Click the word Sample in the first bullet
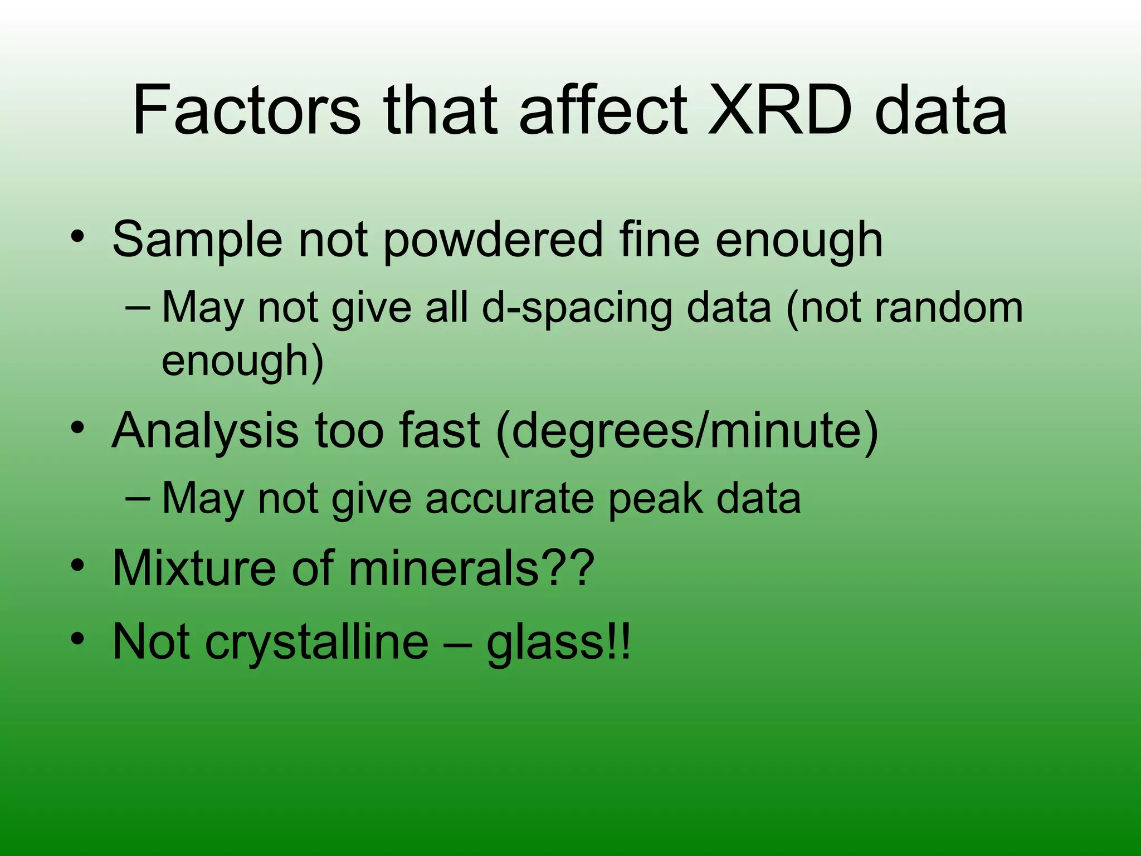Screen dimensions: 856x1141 tap(197, 240)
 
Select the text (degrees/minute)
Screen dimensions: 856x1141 tap(686, 431)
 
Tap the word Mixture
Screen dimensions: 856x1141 tap(193, 568)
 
